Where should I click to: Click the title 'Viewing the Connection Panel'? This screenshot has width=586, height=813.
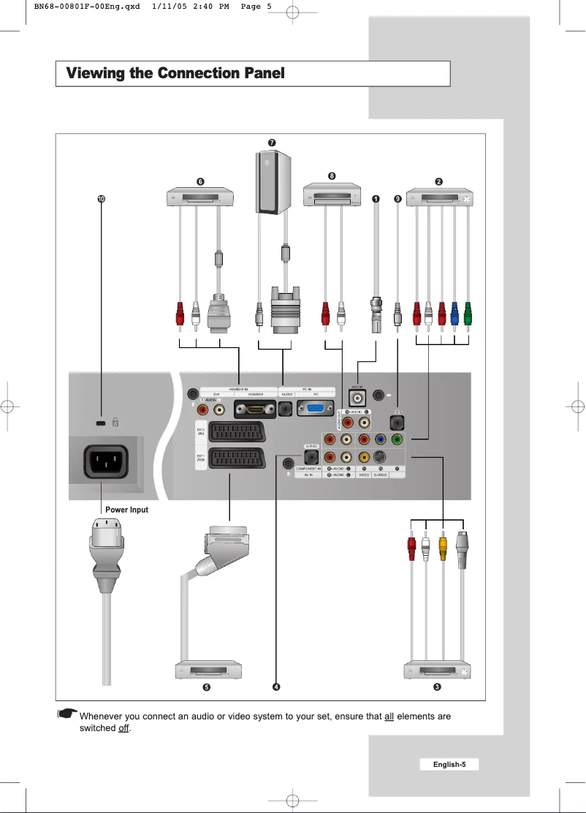175,74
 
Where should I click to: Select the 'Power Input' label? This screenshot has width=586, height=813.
126,510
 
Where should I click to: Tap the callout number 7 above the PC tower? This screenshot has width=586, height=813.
272,140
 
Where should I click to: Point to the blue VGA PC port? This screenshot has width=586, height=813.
316,411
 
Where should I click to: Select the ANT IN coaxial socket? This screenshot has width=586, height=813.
359,396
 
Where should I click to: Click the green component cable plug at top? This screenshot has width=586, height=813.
468,314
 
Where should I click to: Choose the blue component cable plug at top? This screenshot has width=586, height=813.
454,314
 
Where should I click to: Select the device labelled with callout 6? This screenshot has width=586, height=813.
199,197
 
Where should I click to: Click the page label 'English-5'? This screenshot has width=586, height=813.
449,765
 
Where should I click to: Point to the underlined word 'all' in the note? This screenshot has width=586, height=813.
389,716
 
